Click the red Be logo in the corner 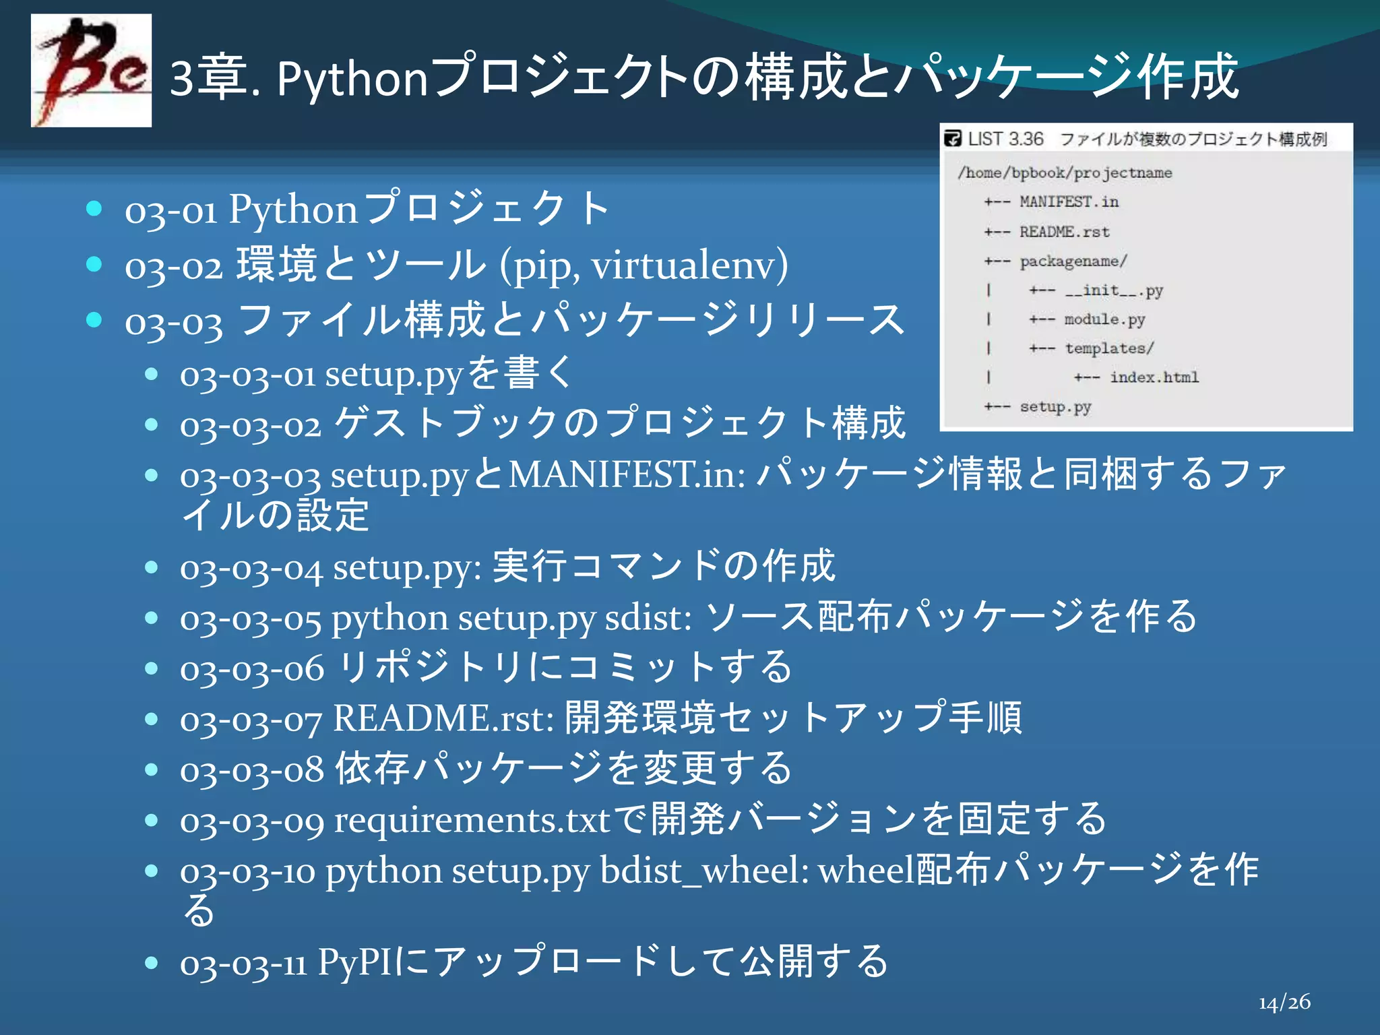[91, 71]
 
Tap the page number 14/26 [1284, 1003]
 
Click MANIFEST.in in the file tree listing [1069, 201]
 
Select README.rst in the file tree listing [1064, 232]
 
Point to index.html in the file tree [1154, 377]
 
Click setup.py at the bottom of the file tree [1055, 407]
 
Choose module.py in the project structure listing [1104, 319]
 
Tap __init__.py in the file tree [1114, 290]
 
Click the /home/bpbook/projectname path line [1065, 172]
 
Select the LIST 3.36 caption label [1005, 139]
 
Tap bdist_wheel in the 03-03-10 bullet [704, 870]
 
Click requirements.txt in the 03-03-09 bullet [472, 820]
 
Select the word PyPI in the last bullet [354, 961]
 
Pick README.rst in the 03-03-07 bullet [443, 718]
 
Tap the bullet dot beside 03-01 [94, 208]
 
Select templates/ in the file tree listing [1109, 348]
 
